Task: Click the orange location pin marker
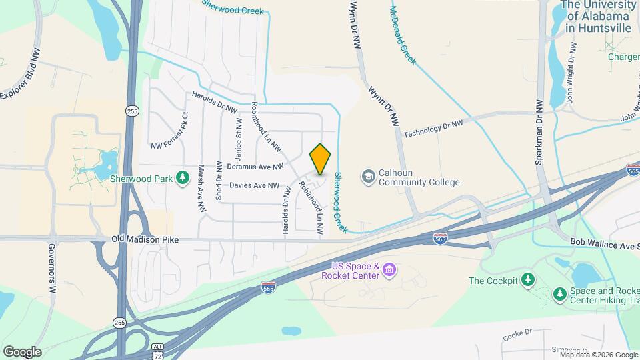tap(321, 159)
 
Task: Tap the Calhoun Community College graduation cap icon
tap(368, 177)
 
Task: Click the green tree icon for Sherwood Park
tap(181, 178)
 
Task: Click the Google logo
tap(22, 351)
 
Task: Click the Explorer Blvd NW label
tap(20, 74)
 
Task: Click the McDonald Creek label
tap(403, 36)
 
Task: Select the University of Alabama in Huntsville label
tap(597, 16)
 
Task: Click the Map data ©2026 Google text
tap(598, 355)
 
